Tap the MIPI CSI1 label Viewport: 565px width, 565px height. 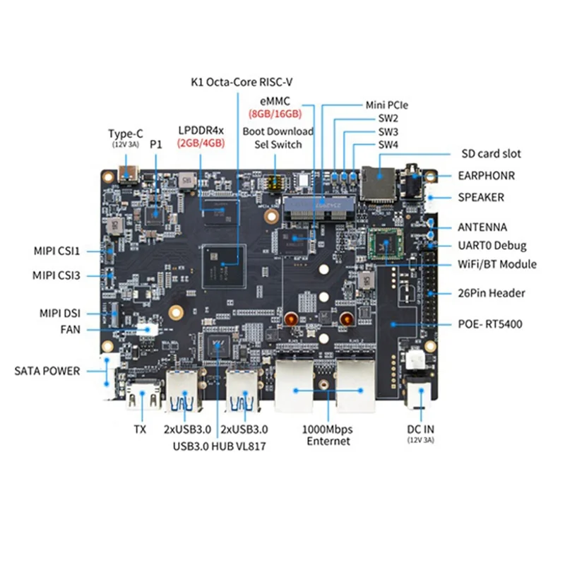(57, 250)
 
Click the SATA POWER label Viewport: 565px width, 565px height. (47, 371)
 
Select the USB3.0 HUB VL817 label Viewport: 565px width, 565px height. (220, 446)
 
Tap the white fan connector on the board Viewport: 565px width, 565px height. (147, 328)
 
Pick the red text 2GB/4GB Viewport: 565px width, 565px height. (201, 143)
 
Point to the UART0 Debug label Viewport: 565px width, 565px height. (491, 246)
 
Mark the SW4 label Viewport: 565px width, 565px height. (388, 145)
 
